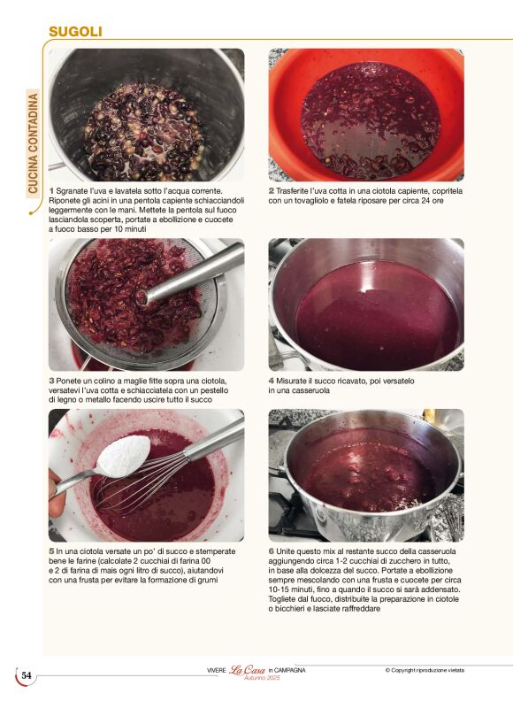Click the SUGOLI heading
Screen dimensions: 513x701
75,32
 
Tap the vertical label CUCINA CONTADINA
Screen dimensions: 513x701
34,143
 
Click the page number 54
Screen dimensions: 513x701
27,675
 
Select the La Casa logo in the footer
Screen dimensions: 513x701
248,670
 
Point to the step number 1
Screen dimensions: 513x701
51,191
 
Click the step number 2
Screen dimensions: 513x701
272,191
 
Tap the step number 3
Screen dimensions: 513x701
51,381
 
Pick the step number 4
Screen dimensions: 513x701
272,381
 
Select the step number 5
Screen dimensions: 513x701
51,551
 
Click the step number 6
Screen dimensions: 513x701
272,551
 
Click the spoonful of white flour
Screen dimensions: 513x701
124,456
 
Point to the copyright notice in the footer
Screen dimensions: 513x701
425,670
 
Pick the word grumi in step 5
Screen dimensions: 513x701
208,581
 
